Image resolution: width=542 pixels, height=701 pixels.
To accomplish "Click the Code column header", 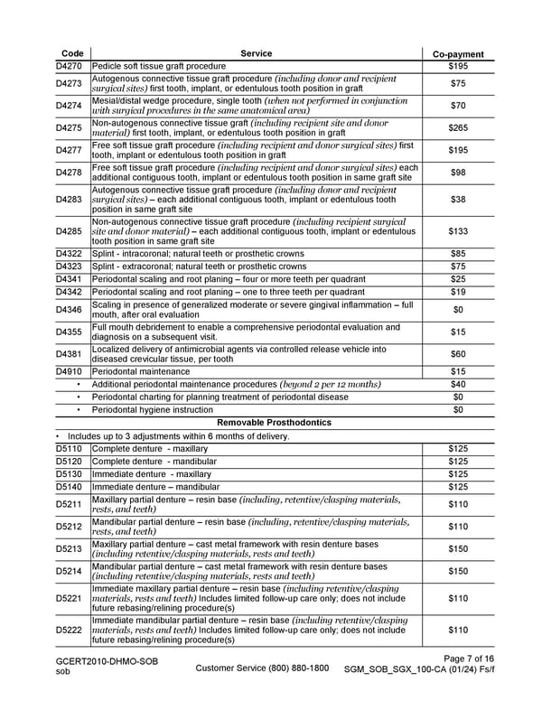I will click(x=71, y=54).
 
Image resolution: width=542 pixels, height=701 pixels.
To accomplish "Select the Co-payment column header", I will click(x=458, y=54).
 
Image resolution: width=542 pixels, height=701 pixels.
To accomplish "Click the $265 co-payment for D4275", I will click(x=458, y=127).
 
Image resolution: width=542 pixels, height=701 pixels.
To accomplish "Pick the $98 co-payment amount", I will click(x=458, y=172).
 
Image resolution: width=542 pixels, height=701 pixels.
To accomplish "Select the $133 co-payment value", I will click(x=458, y=232).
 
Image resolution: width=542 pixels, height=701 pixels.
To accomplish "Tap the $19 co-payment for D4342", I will click(x=458, y=292).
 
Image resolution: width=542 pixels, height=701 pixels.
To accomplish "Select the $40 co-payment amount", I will click(x=458, y=384).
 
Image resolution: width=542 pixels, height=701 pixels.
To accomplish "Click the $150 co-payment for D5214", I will click(x=458, y=571).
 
